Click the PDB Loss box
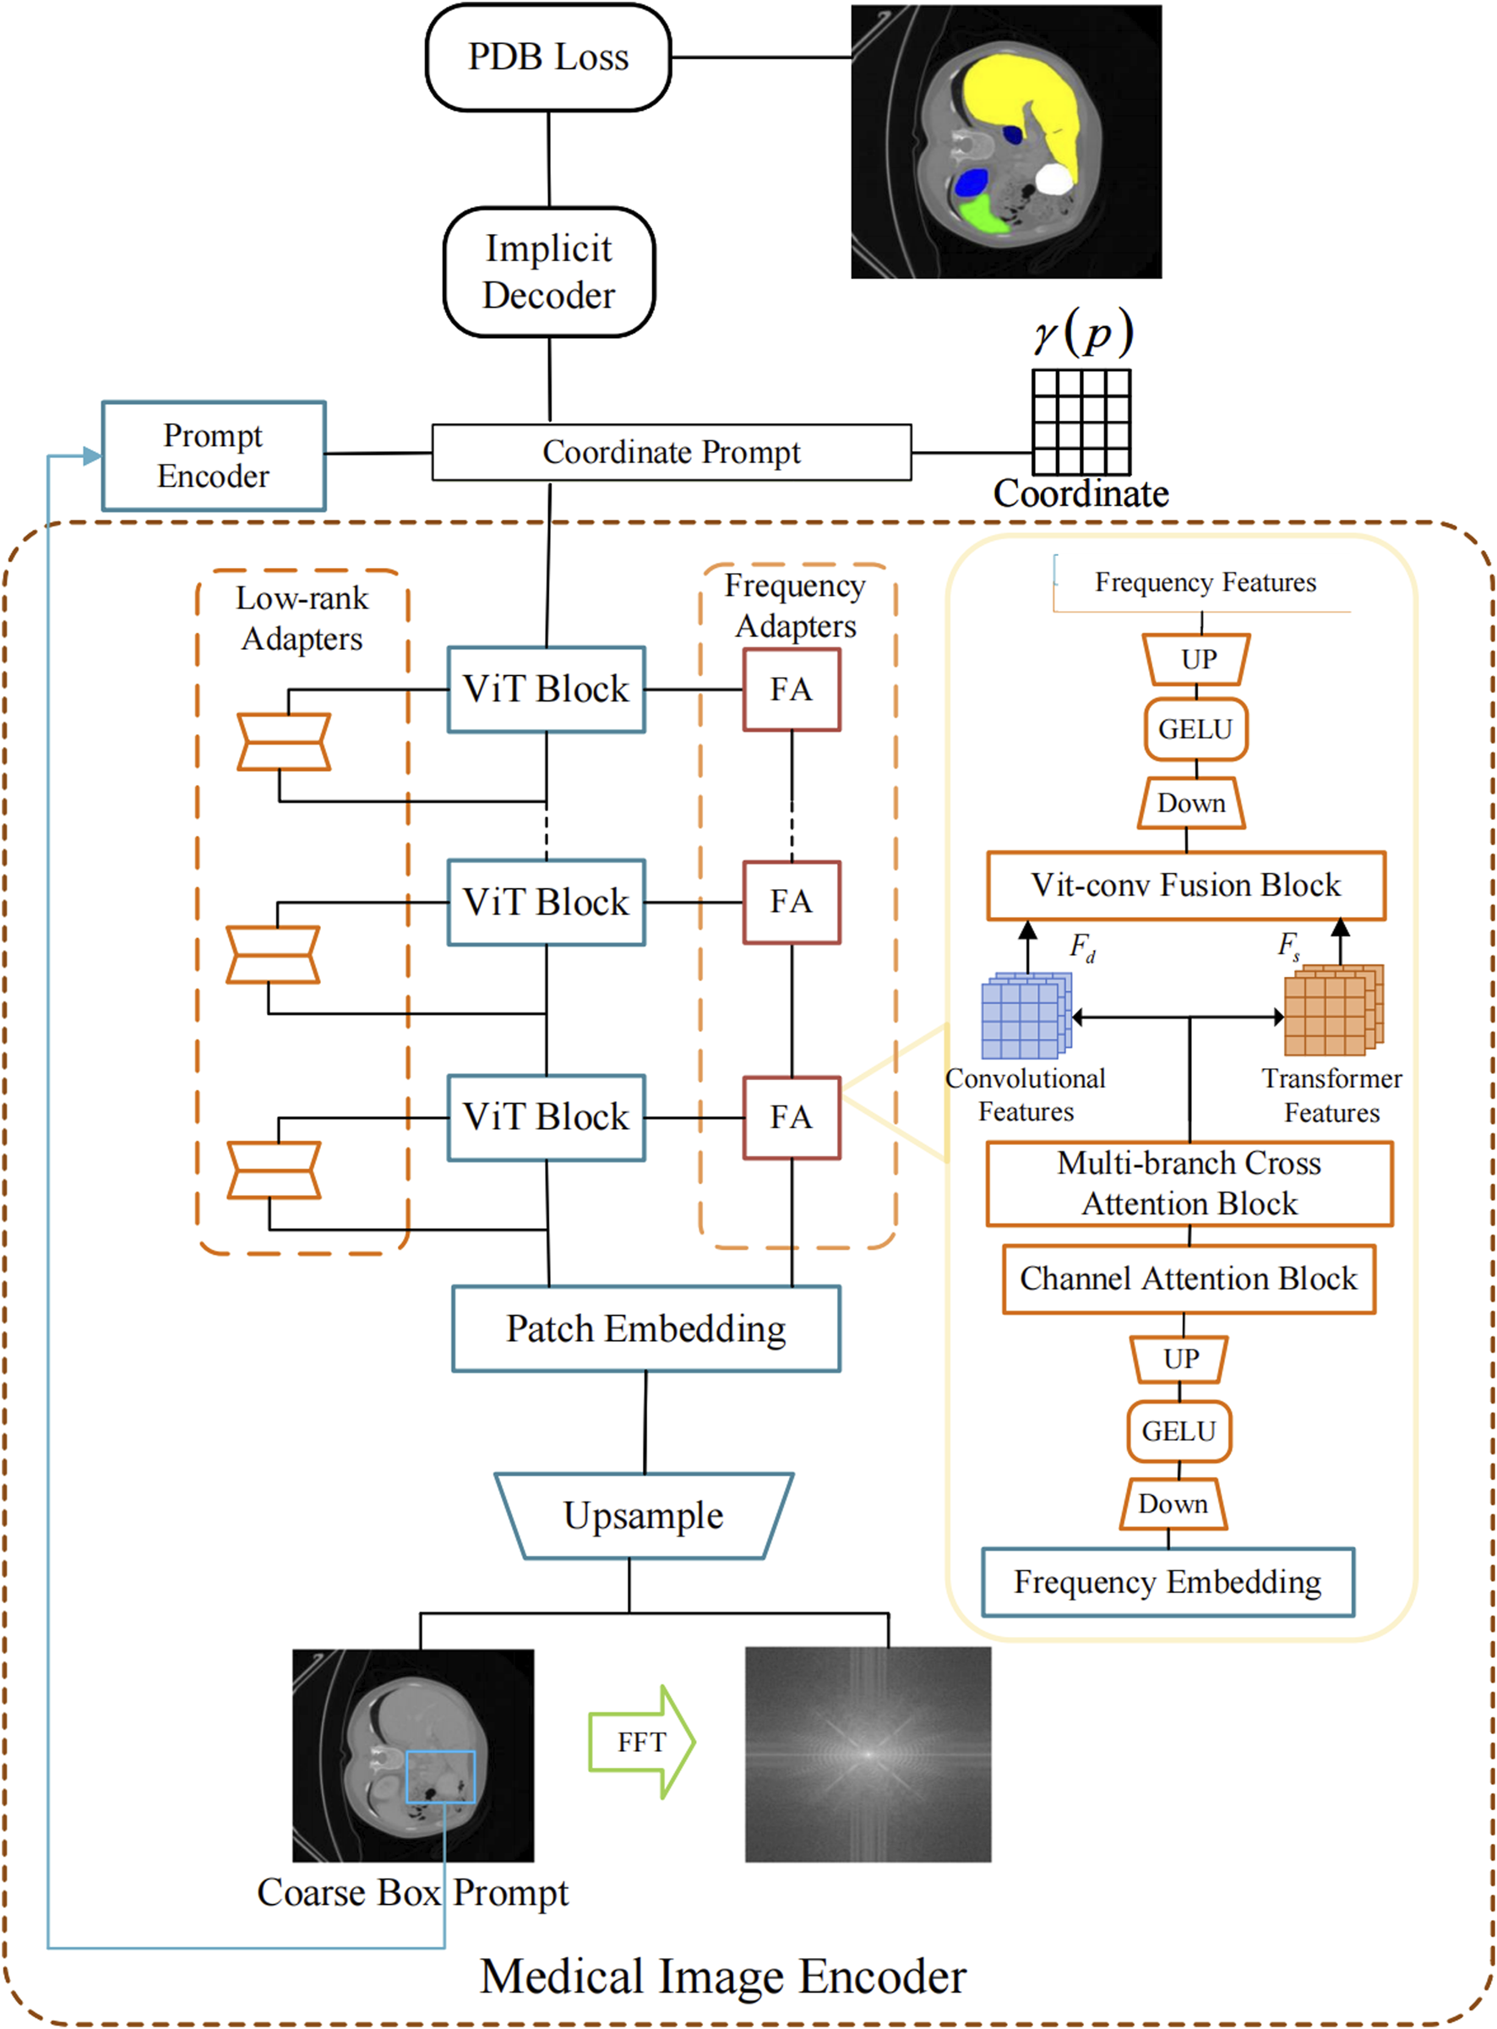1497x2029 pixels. point(548,58)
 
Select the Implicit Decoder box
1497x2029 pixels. point(549,272)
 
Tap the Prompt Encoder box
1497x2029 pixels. point(214,455)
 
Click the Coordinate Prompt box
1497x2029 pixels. point(672,452)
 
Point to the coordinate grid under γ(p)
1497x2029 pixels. point(1081,422)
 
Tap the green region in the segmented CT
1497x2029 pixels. point(982,215)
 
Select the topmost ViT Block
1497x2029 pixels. point(547,690)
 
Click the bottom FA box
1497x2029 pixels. point(791,1117)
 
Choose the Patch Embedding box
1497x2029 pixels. point(646,1328)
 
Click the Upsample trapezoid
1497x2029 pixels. point(644,1516)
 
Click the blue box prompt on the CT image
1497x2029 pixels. point(440,1776)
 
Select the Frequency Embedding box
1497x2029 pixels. point(1168,1582)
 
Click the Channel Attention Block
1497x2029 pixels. point(1188,1279)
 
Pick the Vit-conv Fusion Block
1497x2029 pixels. point(1186,886)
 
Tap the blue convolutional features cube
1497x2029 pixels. point(1024,1017)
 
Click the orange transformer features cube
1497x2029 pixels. point(1332,1012)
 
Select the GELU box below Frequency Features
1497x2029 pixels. point(1195,729)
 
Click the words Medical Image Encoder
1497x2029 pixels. point(723,1977)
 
